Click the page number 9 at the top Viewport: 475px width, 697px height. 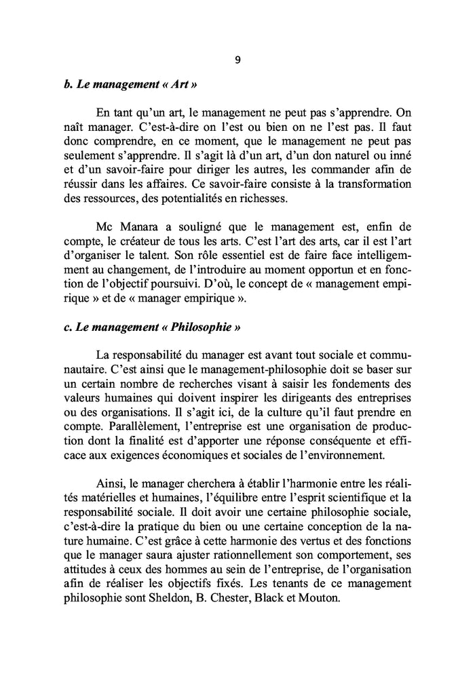click(237, 60)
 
